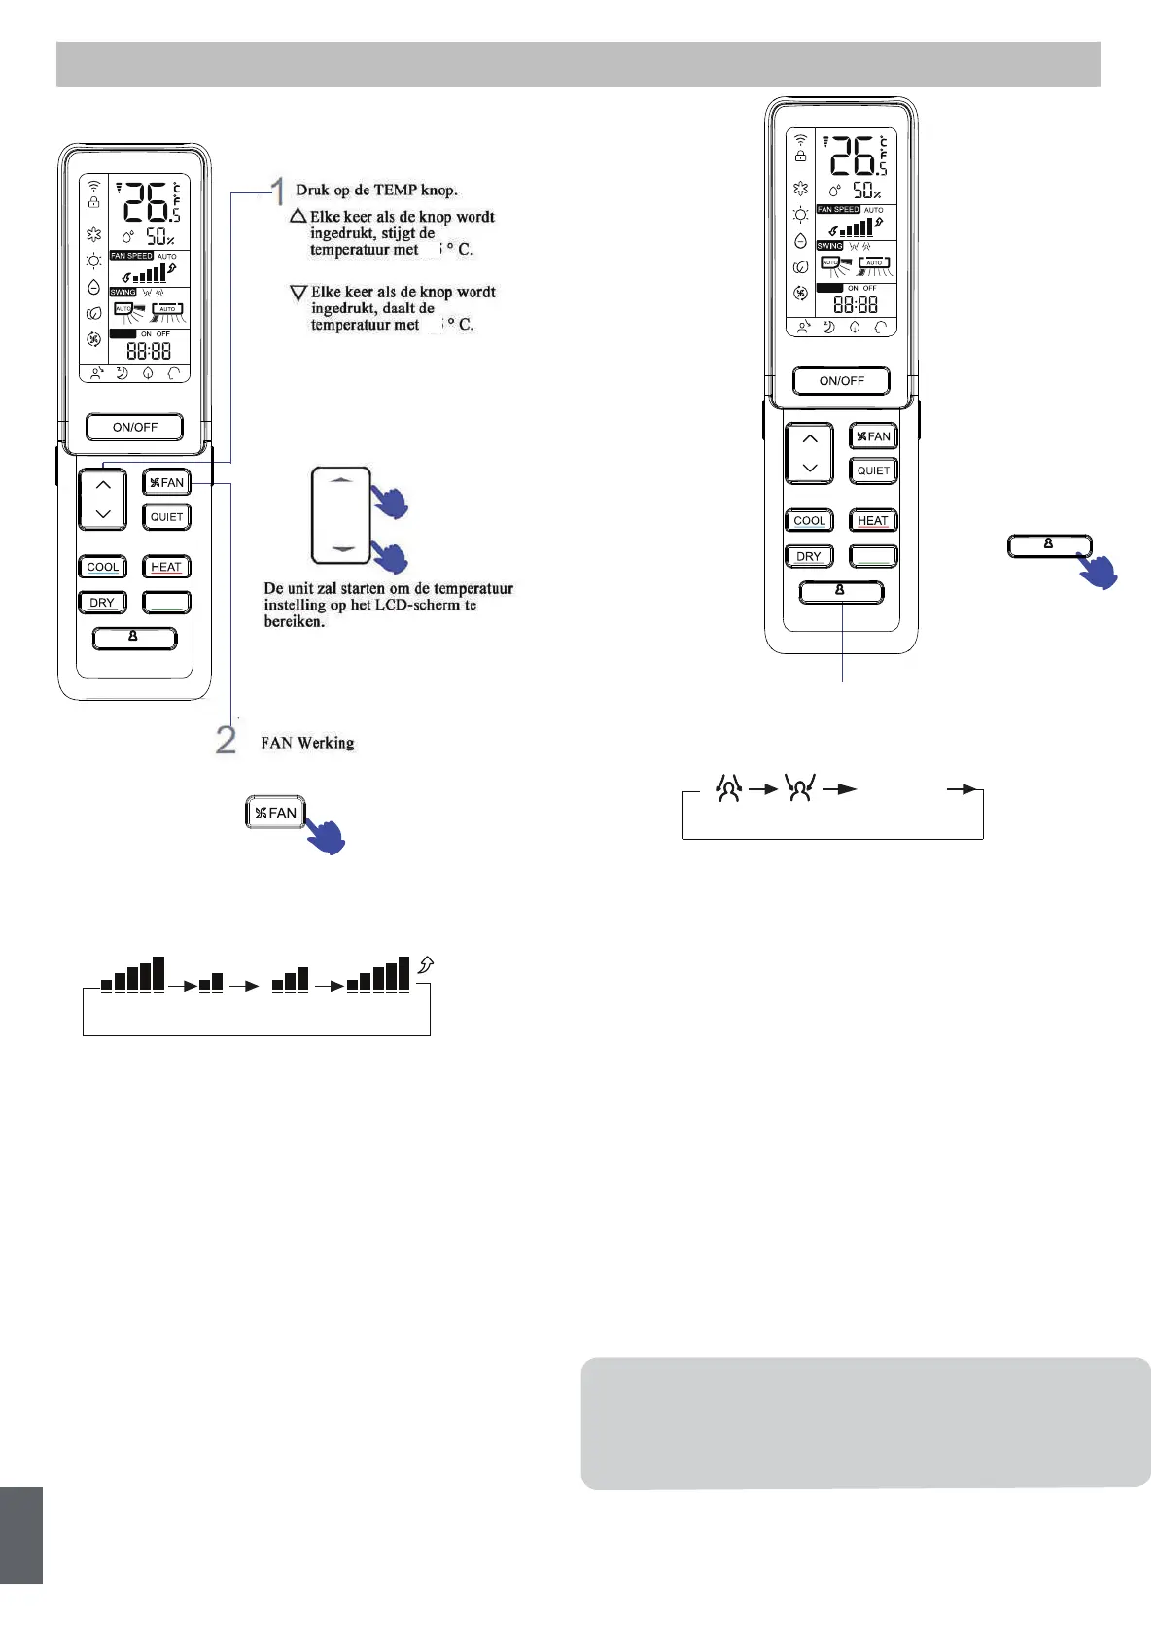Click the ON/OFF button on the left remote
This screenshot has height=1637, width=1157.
click(134, 427)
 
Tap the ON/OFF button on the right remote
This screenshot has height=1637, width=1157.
click(841, 381)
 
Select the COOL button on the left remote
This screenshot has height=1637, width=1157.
click(102, 567)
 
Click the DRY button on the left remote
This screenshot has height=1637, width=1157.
click(102, 603)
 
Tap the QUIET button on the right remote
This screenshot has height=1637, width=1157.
click(872, 470)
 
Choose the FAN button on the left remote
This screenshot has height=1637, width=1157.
click(166, 483)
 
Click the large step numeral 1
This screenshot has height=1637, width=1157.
click(278, 192)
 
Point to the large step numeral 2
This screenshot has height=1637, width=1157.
click(226, 740)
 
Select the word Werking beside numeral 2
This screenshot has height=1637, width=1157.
click(326, 743)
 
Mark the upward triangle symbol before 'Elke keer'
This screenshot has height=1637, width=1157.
click(298, 216)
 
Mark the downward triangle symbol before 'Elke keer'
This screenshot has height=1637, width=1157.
click(298, 292)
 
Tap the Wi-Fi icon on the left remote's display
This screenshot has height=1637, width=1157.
click(93, 185)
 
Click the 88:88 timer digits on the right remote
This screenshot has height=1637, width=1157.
click(856, 304)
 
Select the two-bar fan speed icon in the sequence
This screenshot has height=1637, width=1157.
click(210, 982)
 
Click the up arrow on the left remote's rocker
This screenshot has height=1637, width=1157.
click(103, 484)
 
